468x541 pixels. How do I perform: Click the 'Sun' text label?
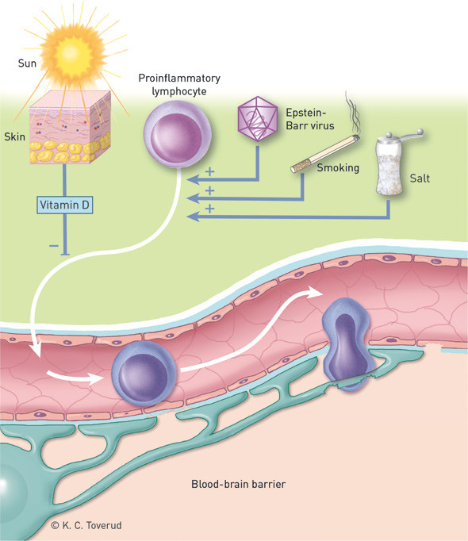tap(28, 59)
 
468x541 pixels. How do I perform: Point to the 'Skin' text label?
tap(15, 137)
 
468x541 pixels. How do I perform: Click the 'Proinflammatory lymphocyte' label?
tap(178, 85)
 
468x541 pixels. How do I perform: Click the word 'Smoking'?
tap(339, 168)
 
